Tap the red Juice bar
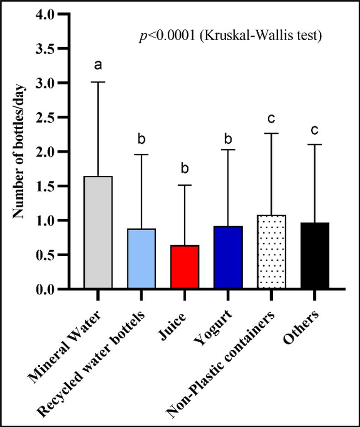[185, 267]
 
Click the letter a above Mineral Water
[98, 65]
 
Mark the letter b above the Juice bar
[185, 169]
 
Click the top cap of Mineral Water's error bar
[98, 82]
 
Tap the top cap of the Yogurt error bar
[228, 150]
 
